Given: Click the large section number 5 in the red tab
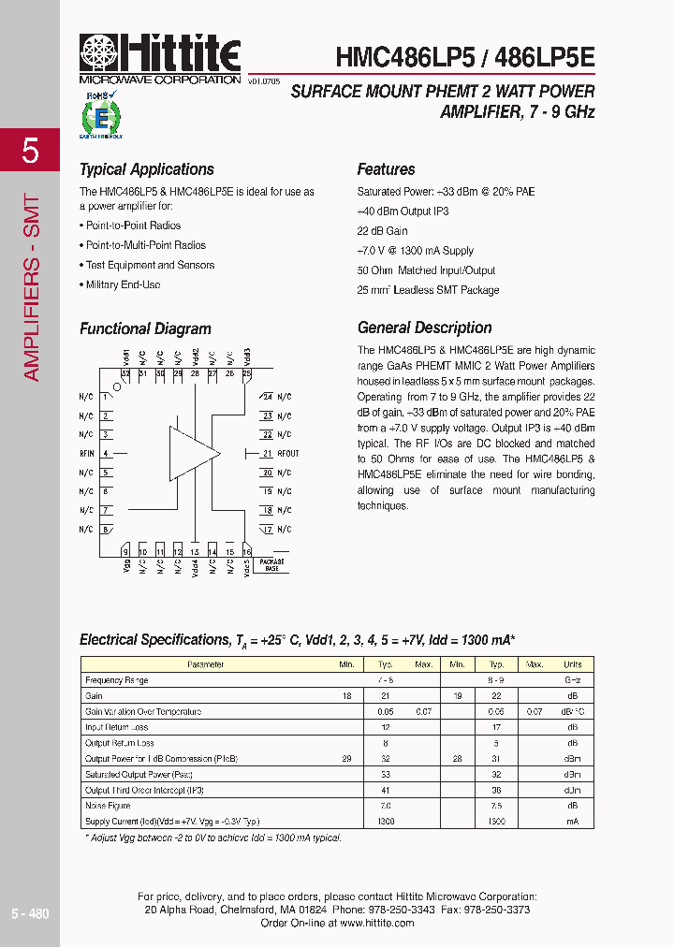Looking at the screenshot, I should [30, 151].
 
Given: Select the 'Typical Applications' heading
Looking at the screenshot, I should [147, 169].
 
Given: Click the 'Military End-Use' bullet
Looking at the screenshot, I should [123, 284].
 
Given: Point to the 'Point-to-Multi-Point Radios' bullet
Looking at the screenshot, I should [145, 245].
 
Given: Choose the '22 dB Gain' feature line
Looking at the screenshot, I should [383, 231].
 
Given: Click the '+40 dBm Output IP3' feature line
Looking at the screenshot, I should [403, 211].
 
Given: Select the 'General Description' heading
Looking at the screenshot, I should [424, 328].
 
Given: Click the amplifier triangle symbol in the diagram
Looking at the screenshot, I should [193, 454].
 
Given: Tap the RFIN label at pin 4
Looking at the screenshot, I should [86, 454].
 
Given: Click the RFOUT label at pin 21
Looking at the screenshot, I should [287, 454].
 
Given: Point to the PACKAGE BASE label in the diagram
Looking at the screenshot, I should [271, 565].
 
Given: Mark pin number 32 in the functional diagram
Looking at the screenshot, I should [125, 373].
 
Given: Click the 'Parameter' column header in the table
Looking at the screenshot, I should [205, 664].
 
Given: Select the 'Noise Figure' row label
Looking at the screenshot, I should [107, 806].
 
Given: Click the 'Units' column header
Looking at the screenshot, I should [572, 664].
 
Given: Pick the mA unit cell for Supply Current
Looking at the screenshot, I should [572, 822].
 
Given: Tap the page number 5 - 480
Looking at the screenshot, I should [30, 913].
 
